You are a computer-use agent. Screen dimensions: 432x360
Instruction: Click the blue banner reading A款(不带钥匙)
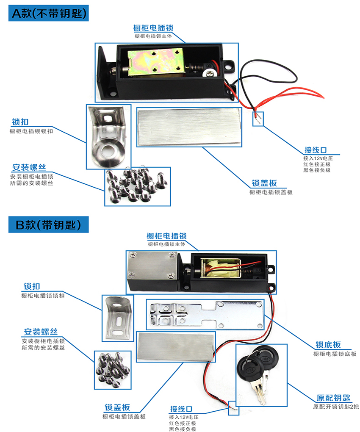point(49,13)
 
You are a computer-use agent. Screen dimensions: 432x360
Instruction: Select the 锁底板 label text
point(328,345)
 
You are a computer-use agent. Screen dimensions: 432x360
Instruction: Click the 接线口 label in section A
point(316,150)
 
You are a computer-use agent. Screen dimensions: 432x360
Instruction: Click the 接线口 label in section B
point(181,409)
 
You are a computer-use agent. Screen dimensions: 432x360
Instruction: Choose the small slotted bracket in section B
point(117,318)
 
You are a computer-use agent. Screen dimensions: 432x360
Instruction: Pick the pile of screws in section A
point(136,185)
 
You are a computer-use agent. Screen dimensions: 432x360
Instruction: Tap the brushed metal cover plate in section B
point(175,346)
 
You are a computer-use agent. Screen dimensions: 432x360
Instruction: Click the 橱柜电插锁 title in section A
point(153,28)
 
